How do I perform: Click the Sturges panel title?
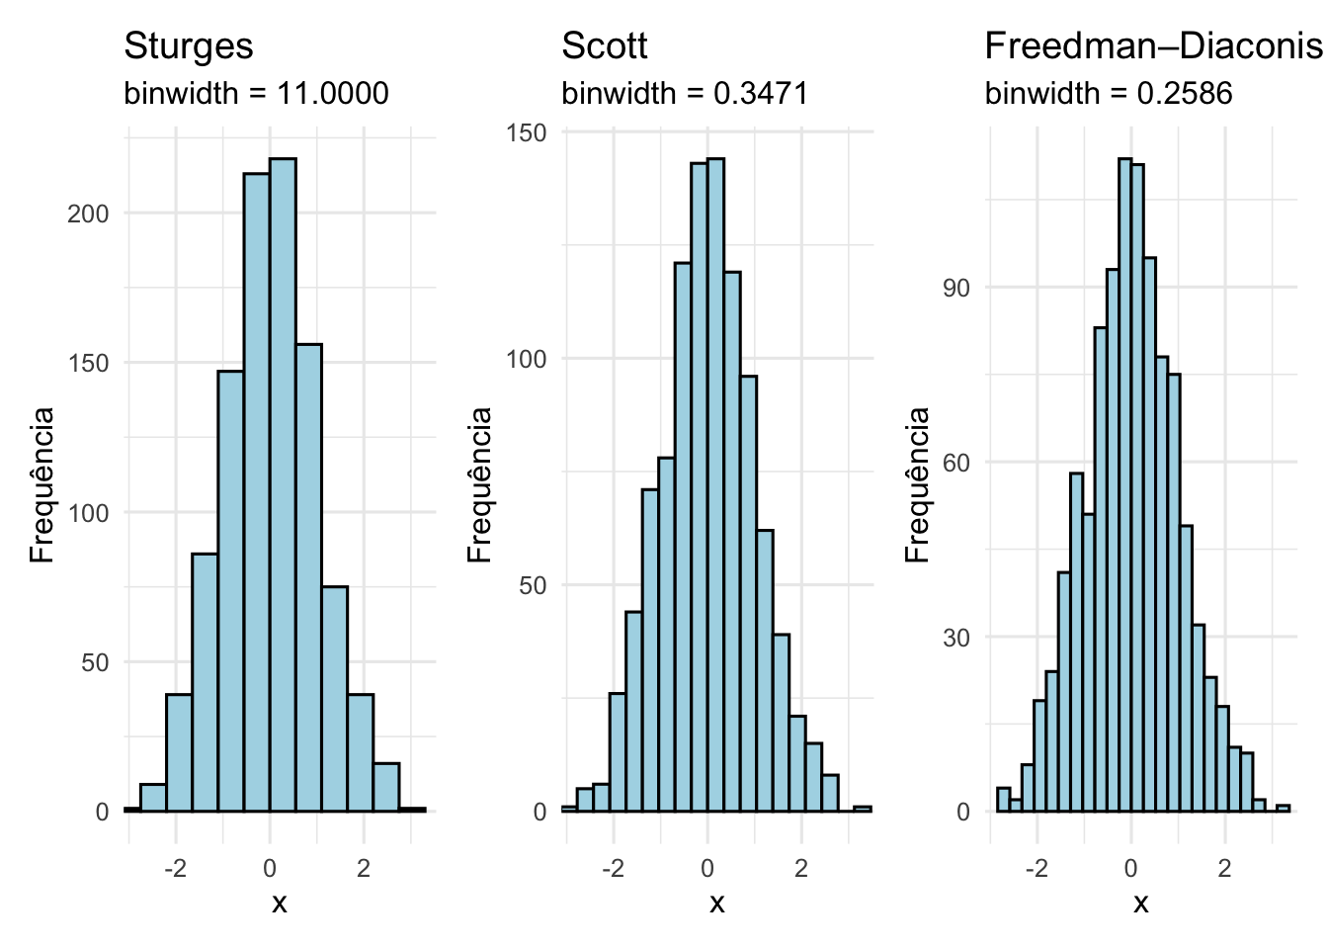pos(188,46)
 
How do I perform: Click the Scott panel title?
pos(604,46)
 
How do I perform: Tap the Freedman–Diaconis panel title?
pos(1152,46)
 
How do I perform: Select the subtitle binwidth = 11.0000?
pos(256,94)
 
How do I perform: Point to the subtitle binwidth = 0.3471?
pos(685,94)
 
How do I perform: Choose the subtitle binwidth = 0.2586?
pos(1109,94)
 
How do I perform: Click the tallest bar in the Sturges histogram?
pos(283,484)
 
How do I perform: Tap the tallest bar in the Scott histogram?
pos(715,484)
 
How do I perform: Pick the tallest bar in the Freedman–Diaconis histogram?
pos(1124,484)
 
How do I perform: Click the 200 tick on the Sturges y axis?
pos(88,214)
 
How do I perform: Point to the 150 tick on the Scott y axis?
pos(526,133)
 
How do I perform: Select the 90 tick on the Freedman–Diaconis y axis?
pos(956,289)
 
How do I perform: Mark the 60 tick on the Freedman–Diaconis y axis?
pos(956,463)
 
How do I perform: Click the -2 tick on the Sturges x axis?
pos(175,869)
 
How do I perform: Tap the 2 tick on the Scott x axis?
pos(800,869)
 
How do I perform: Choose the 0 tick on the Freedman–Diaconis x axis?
pos(1130,869)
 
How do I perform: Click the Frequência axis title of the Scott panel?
pos(480,484)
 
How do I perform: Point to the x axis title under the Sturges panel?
pos(280,903)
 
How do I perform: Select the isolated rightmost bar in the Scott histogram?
pos(863,809)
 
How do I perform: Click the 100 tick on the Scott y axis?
pos(526,359)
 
